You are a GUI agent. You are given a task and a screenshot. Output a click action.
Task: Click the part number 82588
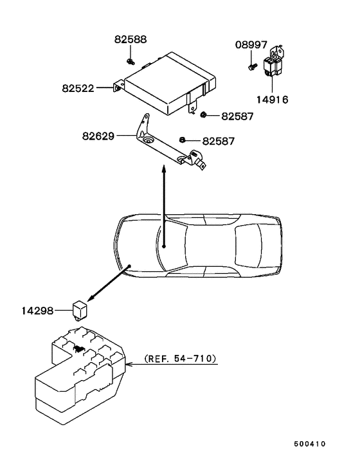tap(130, 39)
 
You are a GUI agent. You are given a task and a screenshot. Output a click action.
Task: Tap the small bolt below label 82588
tap(130, 61)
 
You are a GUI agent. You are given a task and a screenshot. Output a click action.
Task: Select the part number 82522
tap(78, 88)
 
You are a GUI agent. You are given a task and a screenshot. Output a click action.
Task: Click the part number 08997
tap(251, 45)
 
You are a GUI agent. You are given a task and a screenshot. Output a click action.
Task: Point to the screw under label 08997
tap(253, 67)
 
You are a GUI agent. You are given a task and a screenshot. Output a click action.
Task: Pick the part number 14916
tap(273, 100)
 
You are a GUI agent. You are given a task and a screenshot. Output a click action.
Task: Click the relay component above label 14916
tap(274, 62)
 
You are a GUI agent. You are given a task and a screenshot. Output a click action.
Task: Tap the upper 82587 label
tap(237, 116)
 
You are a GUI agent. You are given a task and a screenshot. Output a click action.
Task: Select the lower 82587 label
tap(219, 141)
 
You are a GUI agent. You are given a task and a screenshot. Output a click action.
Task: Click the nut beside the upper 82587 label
tap(203, 115)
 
